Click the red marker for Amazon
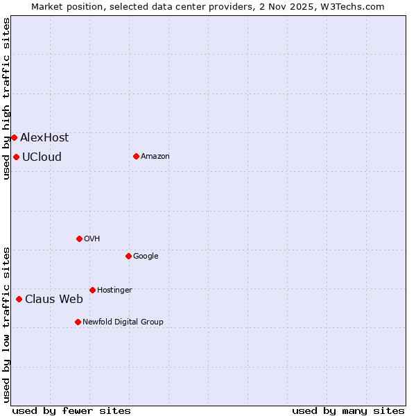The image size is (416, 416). point(136,156)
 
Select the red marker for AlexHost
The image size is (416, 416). point(14,137)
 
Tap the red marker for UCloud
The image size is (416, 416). point(16,157)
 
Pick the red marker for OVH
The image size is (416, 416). point(79,239)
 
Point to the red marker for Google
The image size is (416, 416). point(128,256)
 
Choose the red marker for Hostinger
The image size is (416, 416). point(92,290)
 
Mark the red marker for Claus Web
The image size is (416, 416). point(19,299)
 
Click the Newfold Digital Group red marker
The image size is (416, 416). point(78,322)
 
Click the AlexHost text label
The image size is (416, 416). point(44,137)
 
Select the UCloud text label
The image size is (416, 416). point(42,157)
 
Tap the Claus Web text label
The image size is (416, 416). point(54,299)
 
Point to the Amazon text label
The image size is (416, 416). point(155,156)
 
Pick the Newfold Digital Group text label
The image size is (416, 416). point(123,322)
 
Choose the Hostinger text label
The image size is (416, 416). point(114,290)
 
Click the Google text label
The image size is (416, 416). point(146,256)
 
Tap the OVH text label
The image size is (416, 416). point(92,239)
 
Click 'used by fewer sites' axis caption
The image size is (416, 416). point(71,410)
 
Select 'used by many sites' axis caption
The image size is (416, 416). point(348,410)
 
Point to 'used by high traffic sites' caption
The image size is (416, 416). point(6,98)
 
